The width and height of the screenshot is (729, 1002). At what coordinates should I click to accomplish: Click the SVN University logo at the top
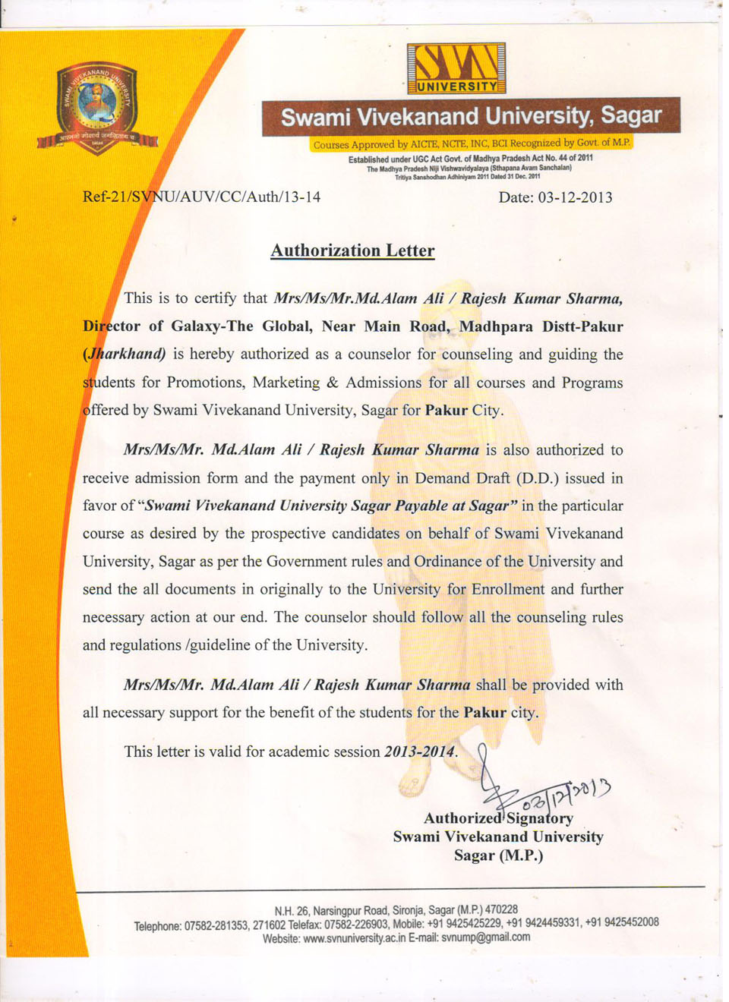click(x=456, y=68)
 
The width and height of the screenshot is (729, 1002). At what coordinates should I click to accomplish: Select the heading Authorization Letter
click(x=352, y=250)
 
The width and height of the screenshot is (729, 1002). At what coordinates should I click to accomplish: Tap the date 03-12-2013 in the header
click(x=575, y=197)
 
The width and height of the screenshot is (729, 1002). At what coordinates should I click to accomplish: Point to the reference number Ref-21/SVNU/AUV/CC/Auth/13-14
click(x=201, y=197)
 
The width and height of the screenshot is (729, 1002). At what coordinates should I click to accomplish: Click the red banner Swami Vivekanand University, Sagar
click(x=471, y=117)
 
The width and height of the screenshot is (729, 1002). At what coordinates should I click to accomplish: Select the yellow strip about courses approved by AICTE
click(x=471, y=143)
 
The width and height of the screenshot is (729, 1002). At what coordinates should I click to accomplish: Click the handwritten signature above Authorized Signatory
click(x=532, y=789)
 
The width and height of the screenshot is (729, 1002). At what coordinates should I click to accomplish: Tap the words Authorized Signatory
click(x=498, y=818)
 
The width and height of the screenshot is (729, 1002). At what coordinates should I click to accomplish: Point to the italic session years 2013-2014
click(x=419, y=751)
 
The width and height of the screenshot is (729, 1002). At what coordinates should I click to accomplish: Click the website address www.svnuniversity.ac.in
click(x=354, y=937)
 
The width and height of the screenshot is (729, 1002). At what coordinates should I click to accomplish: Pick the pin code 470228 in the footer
click(x=501, y=909)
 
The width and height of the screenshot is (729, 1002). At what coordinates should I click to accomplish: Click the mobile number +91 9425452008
click(x=621, y=922)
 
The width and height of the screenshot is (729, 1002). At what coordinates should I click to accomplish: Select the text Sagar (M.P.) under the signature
click(x=498, y=855)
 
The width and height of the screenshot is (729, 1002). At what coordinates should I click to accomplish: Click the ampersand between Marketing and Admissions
click(x=332, y=383)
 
